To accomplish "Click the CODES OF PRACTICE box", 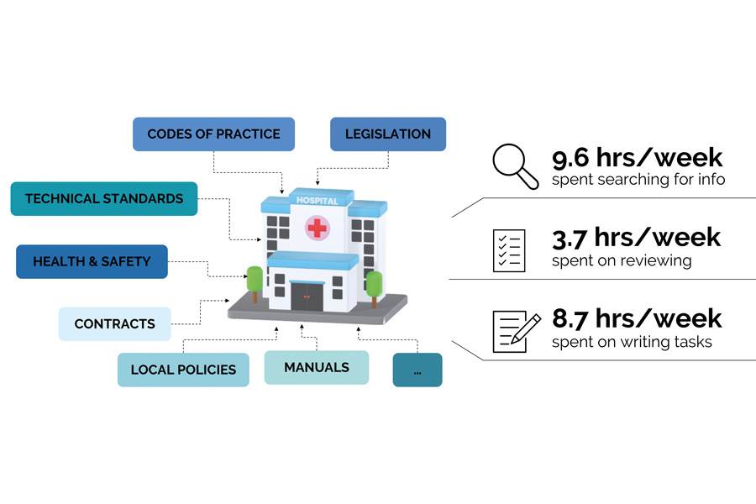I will tap(213, 134).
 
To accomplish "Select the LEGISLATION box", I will tap(387, 134).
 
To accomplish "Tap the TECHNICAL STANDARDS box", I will tap(104, 199).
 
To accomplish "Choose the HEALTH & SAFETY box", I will tap(92, 261).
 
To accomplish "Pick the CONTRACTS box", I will tap(114, 324).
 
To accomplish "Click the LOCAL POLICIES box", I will tap(183, 370).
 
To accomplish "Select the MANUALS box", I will tap(316, 368).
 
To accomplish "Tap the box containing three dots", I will tap(417, 370).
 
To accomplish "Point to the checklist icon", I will tap(509, 250).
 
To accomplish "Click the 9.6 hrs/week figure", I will tap(637, 158).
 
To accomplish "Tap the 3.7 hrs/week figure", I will tap(636, 238).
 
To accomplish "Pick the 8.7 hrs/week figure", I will tap(636, 318).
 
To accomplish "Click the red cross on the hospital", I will tap(317, 227).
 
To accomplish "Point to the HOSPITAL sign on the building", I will tap(317, 201).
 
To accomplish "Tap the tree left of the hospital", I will tap(253, 282).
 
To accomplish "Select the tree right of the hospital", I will tap(375, 285).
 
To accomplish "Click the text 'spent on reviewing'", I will tap(622, 261).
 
